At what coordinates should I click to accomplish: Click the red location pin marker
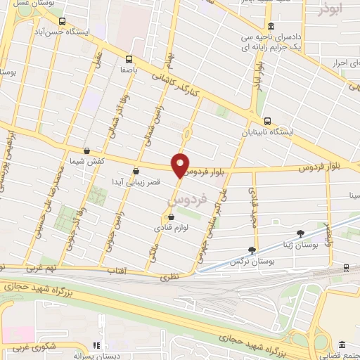tap(181, 165)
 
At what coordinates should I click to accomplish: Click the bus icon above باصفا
tap(129, 59)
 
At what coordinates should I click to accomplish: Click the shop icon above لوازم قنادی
tap(172, 217)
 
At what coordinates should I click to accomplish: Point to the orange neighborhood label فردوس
tap(189, 200)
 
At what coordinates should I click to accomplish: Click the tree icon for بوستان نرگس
tap(252, 250)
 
